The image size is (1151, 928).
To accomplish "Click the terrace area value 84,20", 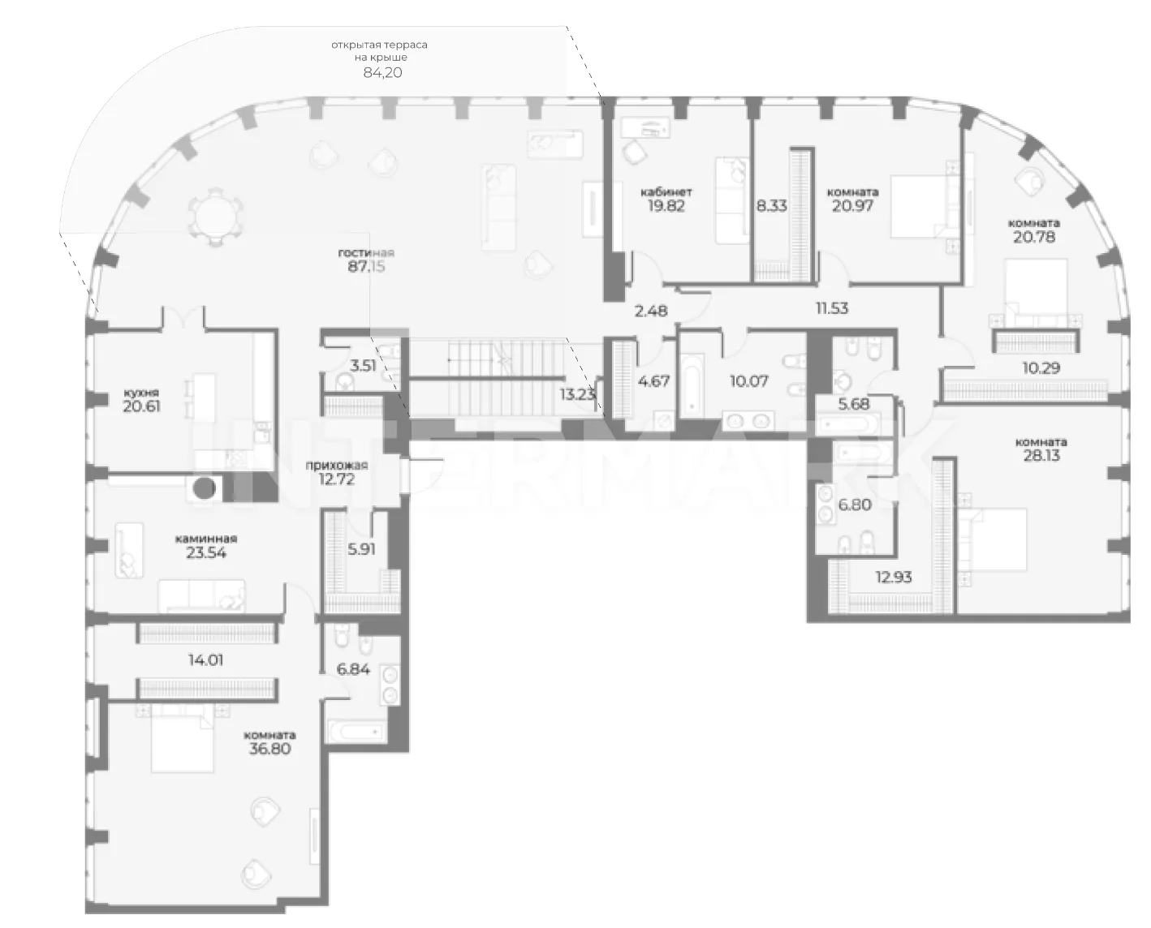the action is (x=382, y=72).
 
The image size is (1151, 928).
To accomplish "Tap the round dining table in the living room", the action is (x=216, y=217).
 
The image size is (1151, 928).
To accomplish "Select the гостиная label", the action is (x=366, y=253).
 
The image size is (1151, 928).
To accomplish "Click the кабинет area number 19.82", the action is (x=666, y=206).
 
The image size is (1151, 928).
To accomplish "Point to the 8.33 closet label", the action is (x=772, y=206).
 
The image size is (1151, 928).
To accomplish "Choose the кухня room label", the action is (x=140, y=393).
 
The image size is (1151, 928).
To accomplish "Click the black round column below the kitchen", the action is (x=204, y=488).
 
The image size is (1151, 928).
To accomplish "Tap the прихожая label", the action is (x=336, y=466).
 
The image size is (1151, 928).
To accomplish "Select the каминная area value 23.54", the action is (x=206, y=552).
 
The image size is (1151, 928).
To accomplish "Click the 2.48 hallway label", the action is (x=651, y=311).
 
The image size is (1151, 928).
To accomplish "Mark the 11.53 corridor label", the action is (x=832, y=308).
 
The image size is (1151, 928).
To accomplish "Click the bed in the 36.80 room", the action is (x=182, y=738).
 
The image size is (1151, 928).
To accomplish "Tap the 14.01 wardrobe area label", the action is (x=206, y=660).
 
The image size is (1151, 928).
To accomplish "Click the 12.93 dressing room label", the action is (x=894, y=578).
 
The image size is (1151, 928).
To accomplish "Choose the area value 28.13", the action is (x=1041, y=455).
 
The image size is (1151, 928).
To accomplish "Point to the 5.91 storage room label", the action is (x=361, y=549).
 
